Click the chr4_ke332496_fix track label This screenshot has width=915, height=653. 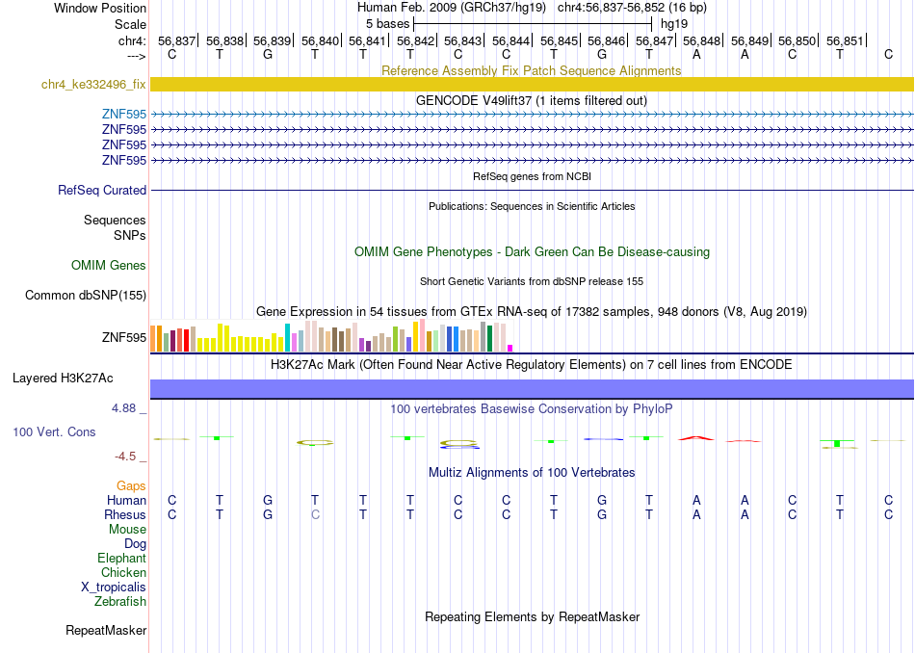pos(93,84)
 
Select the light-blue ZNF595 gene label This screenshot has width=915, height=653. pos(123,114)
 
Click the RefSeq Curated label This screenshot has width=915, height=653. pos(102,191)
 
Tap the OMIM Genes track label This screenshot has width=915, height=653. pos(109,266)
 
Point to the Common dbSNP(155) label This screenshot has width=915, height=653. pos(86,296)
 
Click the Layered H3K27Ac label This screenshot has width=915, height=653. pos(63,379)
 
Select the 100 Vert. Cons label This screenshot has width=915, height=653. pos(54,431)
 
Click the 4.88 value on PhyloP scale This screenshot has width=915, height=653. pos(124,408)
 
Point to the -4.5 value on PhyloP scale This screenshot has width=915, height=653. pos(126,457)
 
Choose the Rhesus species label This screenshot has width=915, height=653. pos(125,514)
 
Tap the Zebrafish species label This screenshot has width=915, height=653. pos(120,601)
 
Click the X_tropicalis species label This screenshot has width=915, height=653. pos(114,588)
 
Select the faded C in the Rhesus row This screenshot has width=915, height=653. pos(315,514)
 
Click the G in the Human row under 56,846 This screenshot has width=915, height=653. pos(602,500)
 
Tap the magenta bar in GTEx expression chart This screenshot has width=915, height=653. pos(510,349)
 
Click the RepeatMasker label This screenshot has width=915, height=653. pos(106,630)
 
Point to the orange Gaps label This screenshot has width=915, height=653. pos(131,486)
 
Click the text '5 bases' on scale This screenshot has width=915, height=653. pos(388,24)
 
